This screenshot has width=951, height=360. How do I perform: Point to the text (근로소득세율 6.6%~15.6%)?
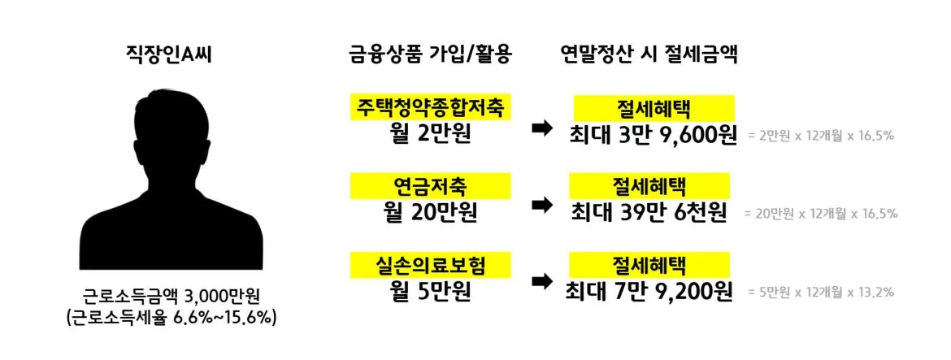(x=172, y=317)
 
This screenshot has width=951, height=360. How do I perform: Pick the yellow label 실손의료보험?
(x=430, y=264)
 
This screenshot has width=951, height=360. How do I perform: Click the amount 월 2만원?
(x=430, y=132)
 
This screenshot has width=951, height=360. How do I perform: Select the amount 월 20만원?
(x=430, y=211)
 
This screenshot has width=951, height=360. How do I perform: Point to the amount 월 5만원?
(x=430, y=288)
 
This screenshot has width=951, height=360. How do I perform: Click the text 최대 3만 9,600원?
(x=653, y=133)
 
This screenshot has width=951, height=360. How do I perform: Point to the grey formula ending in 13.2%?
(x=821, y=291)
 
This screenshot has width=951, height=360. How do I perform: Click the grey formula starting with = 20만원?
(x=821, y=214)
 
